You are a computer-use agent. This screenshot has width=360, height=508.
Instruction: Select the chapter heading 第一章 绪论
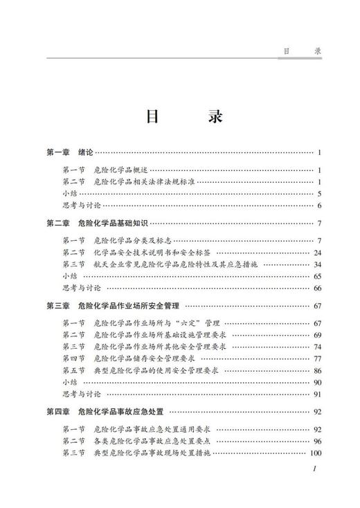(x=69, y=152)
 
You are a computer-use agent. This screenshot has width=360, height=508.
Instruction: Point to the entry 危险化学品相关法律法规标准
(x=143, y=182)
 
